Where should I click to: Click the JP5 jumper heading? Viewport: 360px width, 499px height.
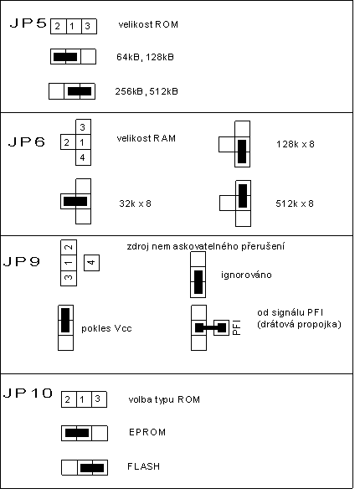pos(28,23)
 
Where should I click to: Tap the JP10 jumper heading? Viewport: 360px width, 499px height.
pos(28,393)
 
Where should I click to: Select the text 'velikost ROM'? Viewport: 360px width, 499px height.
pos(148,24)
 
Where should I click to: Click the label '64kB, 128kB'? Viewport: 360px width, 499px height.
pos(145,57)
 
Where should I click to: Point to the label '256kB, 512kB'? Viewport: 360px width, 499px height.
pos(147,91)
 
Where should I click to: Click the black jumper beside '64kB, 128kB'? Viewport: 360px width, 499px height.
pos(65,57)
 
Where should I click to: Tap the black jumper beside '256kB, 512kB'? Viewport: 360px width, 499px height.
pos(80,91)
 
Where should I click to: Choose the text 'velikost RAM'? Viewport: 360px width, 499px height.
pos(147,138)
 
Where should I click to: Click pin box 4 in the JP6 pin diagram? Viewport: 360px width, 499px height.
pos(83,157)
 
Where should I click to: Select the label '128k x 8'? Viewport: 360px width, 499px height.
pos(296,144)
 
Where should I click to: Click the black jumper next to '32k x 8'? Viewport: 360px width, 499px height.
pos(75,201)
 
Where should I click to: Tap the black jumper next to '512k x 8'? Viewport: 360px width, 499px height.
pos(243,196)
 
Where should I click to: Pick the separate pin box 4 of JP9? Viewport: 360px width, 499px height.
pos(91,263)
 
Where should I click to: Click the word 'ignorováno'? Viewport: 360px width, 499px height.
pos(246,275)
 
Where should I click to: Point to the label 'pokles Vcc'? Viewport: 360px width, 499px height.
pos(106,328)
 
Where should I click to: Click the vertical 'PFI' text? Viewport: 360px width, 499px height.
pos(236,327)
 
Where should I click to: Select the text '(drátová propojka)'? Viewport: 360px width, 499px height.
pos(299,324)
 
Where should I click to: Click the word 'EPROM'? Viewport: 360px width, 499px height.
pos(147,432)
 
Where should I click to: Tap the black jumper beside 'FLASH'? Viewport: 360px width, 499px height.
pos(92,468)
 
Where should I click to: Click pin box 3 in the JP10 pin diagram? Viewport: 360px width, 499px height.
pos(99,399)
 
